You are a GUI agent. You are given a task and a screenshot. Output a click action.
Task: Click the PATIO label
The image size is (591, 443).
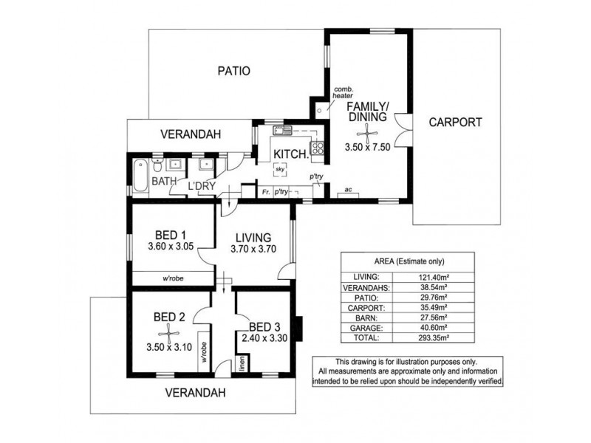click(233, 71)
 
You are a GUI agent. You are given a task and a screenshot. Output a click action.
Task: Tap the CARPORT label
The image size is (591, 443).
click(455, 122)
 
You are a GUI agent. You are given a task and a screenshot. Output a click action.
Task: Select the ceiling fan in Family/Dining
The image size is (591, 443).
click(367, 133)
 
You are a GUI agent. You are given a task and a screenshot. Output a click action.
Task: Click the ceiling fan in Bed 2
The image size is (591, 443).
click(168, 333)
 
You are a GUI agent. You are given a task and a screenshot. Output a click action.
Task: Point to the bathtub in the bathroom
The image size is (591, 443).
click(140, 176)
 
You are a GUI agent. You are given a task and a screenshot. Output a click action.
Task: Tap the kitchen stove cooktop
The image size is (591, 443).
click(317, 147)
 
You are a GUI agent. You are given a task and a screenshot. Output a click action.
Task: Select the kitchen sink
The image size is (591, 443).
click(283, 131)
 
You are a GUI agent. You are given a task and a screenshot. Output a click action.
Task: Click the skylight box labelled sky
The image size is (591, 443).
click(280, 170)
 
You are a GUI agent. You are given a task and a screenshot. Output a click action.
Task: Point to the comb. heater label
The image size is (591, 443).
click(343, 93)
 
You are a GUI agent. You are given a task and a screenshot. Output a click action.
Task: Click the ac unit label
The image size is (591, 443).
click(348, 190)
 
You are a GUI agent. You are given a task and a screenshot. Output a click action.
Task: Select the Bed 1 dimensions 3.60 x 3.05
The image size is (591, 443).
click(171, 247)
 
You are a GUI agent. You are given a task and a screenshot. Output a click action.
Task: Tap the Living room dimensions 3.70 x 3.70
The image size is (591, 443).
click(253, 249)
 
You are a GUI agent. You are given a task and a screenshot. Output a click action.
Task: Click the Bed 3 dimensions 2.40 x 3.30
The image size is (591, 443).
click(264, 338)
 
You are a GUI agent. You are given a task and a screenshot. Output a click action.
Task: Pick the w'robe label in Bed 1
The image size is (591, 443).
click(173, 279)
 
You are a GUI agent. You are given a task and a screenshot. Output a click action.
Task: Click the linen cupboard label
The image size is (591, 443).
click(242, 363)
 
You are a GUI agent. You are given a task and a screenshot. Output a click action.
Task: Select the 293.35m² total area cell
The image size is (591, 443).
click(434, 338)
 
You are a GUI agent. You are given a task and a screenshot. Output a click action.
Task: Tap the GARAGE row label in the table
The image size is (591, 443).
click(366, 328)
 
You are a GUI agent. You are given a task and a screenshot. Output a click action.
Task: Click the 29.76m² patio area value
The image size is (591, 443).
click(434, 298)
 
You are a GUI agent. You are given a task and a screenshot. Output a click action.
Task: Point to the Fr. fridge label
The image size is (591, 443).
click(266, 192)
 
